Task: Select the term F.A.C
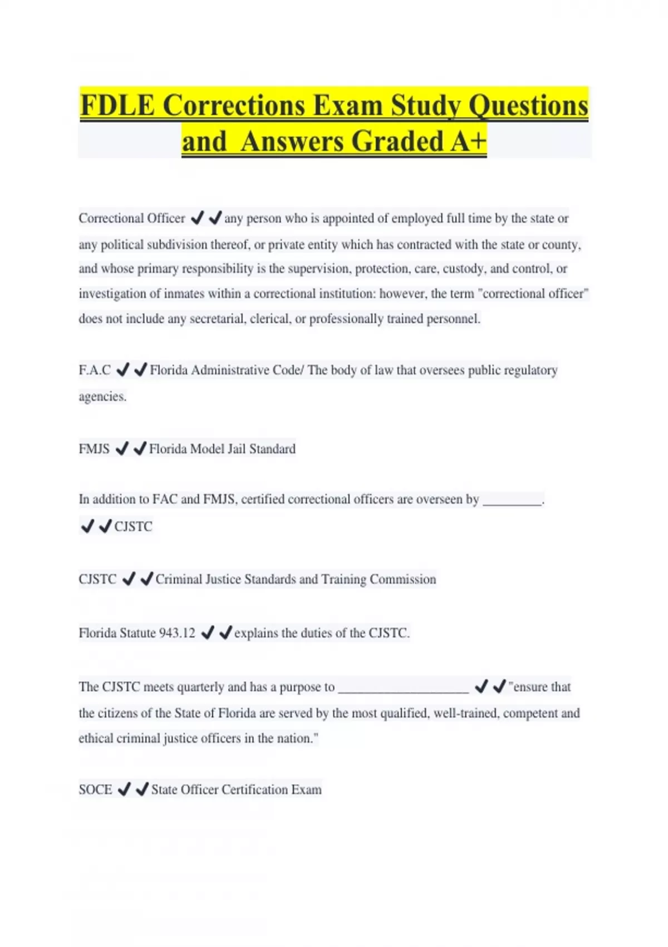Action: tap(95, 370)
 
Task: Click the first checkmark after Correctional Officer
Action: tap(197, 218)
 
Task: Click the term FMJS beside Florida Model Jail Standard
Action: tap(94, 449)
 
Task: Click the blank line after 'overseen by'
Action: tap(512, 500)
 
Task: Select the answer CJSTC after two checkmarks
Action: tap(133, 526)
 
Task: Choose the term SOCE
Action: tap(95, 790)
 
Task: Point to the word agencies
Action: tap(102, 397)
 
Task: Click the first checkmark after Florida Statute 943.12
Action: tap(207, 633)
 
